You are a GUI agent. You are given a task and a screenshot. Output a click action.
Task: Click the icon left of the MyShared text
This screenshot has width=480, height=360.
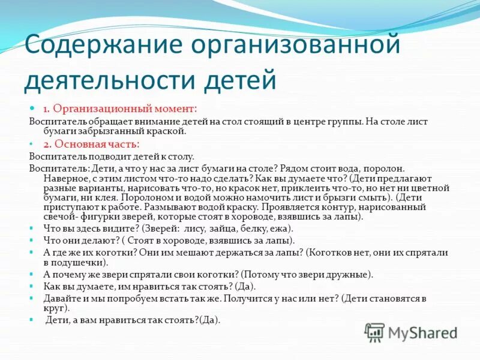click(374, 332)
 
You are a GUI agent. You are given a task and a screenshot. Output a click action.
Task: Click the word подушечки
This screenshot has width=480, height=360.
click(80, 263)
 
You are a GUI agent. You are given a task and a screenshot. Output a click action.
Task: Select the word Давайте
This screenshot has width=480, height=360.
click(61, 298)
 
